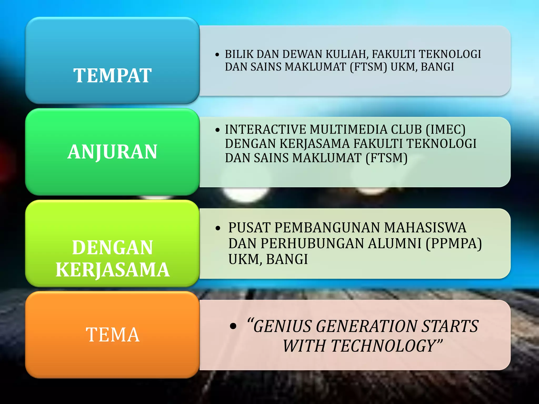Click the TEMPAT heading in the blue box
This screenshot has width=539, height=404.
click(112, 75)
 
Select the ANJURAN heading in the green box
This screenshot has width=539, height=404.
click(112, 152)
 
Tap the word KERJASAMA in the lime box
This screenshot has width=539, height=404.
click(113, 270)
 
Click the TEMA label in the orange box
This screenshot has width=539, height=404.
click(113, 335)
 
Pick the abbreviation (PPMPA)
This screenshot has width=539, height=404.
click(454, 243)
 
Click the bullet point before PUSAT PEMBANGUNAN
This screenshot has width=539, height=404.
click(218, 228)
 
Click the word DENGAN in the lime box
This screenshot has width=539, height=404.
click(112, 248)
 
